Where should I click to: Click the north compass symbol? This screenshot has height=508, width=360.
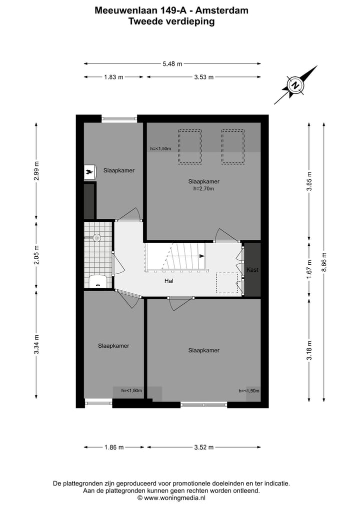pyautogui.click(x=295, y=85)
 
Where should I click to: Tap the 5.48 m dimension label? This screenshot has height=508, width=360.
pyautogui.click(x=172, y=63)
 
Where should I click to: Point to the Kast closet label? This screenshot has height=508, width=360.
pyautogui.click(x=252, y=270)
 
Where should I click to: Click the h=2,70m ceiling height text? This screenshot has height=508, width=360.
pyautogui.click(x=203, y=189)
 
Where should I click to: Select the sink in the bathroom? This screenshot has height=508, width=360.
pyautogui.click(x=98, y=281)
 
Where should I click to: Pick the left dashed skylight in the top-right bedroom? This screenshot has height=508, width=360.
pyautogui.click(x=190, y=147)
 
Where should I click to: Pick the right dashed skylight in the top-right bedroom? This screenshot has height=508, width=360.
pyautogui.click(x=233, y=147)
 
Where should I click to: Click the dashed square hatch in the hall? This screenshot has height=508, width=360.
pyautogui.click(x=226, y=283)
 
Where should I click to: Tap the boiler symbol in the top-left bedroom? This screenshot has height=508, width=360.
pyautogui.click(x=90, y=172)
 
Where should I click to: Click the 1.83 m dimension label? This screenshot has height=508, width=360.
pyautogui.click(x=113, y=77)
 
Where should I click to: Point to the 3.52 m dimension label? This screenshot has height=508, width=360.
pyautogui.click(x=203, y=447)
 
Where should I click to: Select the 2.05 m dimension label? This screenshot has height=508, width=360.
pyautogui.click(x=36, y=254)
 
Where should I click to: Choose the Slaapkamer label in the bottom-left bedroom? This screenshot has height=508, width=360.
pyautogui.click(x=113, y=346)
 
